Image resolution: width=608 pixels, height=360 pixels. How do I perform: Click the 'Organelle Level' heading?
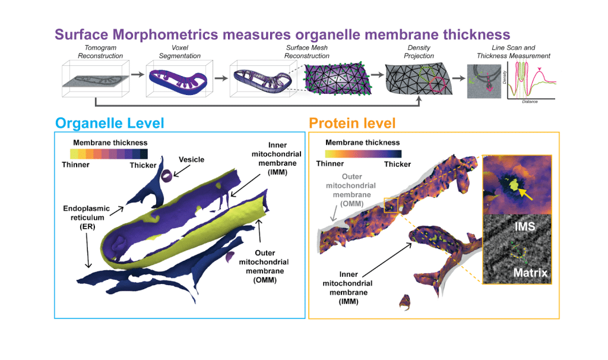tap(110, 123)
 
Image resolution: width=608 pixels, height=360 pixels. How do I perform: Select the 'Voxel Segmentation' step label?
tap(173, 52)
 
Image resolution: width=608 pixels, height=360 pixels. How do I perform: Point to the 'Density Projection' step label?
tap(419, 52)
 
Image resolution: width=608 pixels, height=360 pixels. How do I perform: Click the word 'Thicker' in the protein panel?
tap(397, 165)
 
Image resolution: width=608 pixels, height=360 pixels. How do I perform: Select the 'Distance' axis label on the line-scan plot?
tap(530, 102)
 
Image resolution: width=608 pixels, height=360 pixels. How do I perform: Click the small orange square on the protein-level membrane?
tap(389, 205)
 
